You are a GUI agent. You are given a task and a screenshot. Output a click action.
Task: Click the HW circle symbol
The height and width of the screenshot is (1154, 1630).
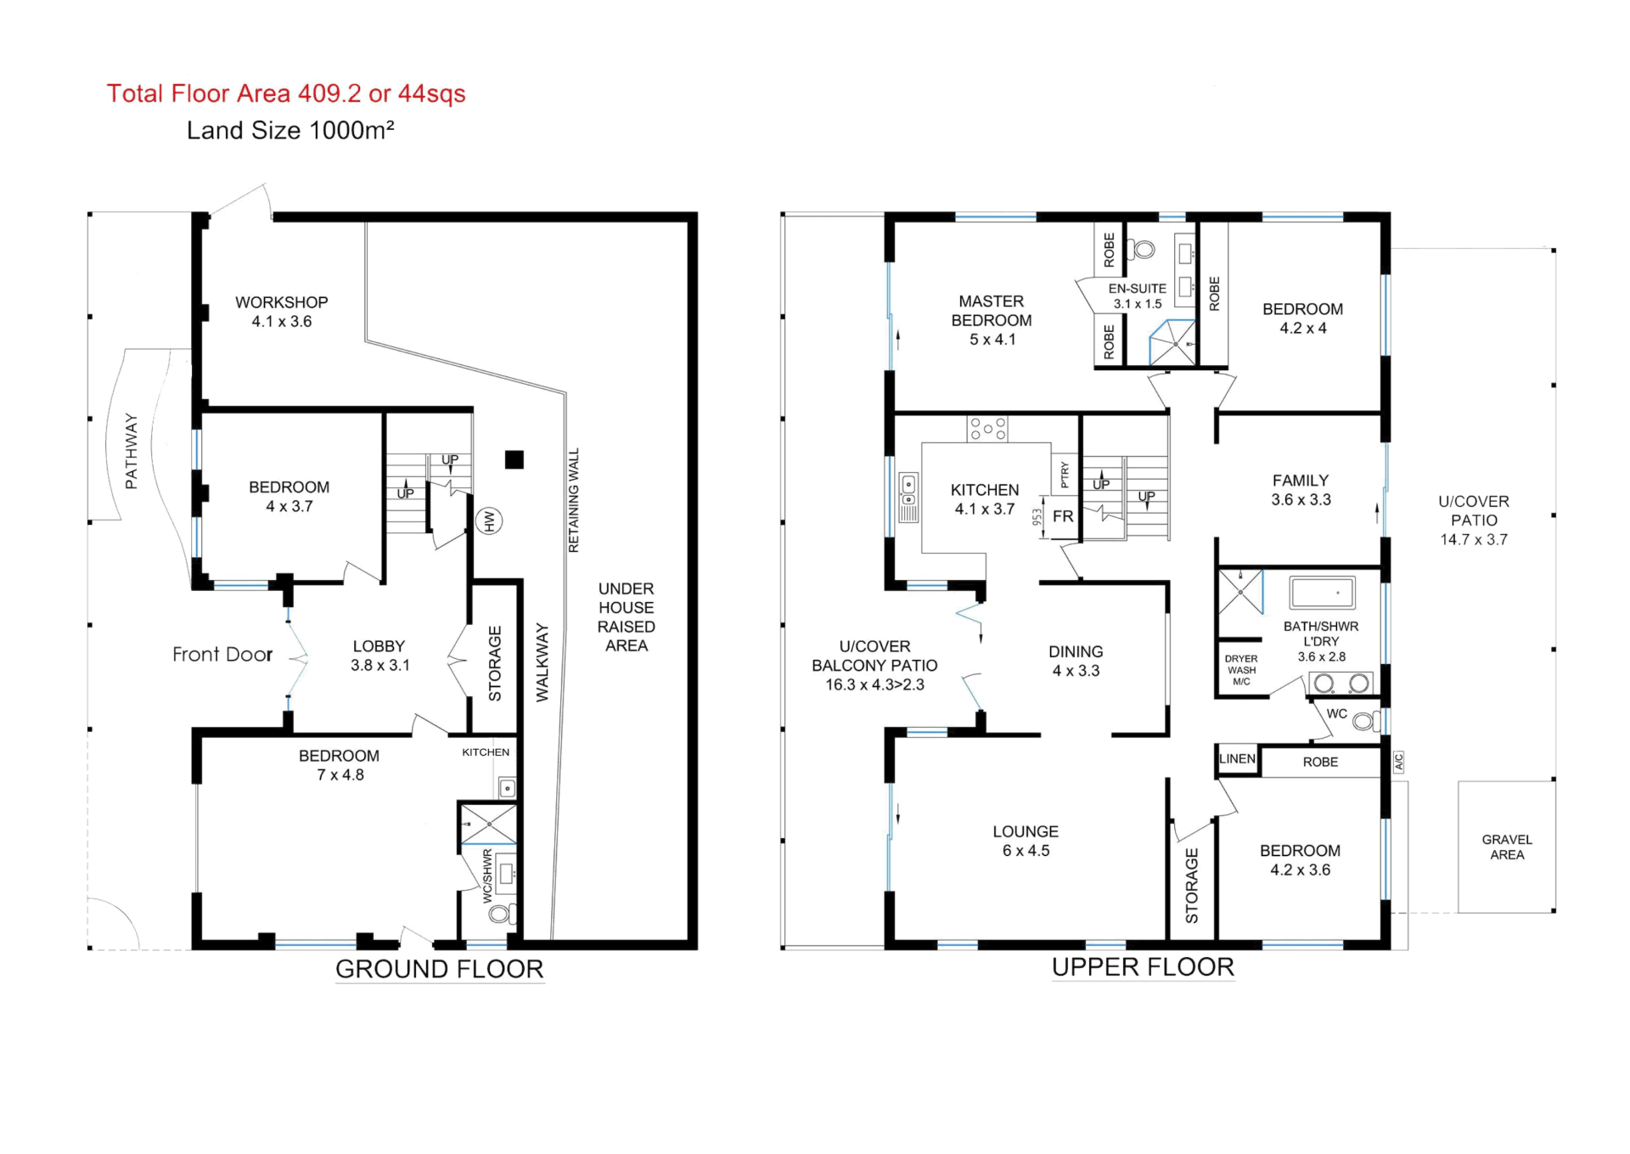[x=489, y=521]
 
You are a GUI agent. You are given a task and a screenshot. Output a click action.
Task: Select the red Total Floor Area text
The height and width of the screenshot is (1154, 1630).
[x=286, y=93]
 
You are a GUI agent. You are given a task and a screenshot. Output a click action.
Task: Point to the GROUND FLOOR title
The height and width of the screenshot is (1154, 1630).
[x=439, y=969]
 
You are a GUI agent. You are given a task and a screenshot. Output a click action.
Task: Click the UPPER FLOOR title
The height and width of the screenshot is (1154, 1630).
[x=1143, y=966]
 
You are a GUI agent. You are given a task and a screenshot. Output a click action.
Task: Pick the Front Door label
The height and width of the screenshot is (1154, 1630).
[x=222, y=654]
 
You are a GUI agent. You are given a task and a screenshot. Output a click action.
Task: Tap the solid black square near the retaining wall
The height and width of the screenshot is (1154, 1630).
[x=514, y=459]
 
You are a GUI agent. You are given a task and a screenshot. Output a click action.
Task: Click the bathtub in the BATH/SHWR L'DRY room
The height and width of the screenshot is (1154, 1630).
[x=1322, y=593]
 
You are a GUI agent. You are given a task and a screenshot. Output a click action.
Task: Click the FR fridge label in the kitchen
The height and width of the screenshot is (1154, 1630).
[x=1063, y=516]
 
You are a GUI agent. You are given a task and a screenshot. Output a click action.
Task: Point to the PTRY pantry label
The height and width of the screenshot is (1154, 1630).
[x=1065, y=475]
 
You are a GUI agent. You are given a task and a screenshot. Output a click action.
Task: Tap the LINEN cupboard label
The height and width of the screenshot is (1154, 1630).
[x=1237, y=759]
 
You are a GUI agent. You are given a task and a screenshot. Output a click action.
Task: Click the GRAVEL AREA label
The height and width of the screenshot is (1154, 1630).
[x=1507, y=847]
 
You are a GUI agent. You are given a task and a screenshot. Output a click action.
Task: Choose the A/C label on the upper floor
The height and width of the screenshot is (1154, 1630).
[x=1398, y=762]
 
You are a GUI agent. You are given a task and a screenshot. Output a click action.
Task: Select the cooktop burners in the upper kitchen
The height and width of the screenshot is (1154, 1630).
[x=987, y=429]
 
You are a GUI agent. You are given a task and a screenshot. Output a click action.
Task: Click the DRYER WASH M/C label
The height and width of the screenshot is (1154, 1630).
[x=1241, y=670]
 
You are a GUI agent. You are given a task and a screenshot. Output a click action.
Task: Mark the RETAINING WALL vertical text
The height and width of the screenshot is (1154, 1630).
[x=573, y=500]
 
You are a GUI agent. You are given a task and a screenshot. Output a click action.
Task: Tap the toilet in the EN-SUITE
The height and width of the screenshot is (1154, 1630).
[x=1140, y=250]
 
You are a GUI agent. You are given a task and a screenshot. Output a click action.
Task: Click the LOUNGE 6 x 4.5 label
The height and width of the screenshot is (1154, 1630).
[x=1026, y=841]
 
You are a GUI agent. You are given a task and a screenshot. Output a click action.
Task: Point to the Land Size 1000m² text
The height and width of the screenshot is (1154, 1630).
[x=290, y=130]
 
